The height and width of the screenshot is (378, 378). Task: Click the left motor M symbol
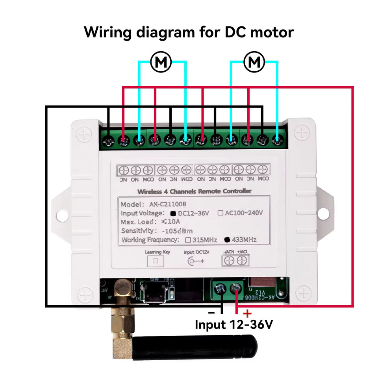[x=161, y=62]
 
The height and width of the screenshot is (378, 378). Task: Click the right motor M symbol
[x=254, y=62]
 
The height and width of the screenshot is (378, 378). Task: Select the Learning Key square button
[x=155, y=261]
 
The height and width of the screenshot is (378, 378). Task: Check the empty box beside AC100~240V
[x=220, y=213]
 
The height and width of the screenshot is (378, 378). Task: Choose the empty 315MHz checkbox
[x=188, y=239]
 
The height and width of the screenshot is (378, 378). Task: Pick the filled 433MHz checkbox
[x=226, y=239]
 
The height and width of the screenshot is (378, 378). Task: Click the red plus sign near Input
[x=247, y=313]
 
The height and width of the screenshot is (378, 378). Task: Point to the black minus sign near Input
[x=211, y=313]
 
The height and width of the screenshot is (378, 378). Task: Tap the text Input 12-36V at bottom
[x=233, y=325]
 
